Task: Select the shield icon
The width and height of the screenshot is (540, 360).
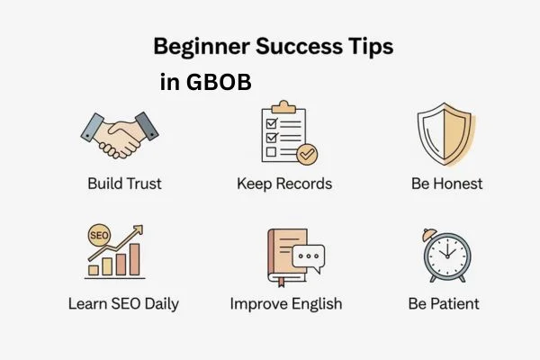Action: pyautogui.click(x=444, y=135)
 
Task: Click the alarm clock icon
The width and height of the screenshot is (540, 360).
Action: pyautogui.click(x=445, y=256)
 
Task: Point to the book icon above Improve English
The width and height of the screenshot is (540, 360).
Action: pyautogui.click(x=286, y=255)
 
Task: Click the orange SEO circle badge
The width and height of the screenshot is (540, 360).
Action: pyautogui.click(x=98, y=235)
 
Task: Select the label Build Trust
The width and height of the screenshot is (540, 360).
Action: pyautogui.click(x=124, y=184)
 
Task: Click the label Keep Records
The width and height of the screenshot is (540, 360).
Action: pyautogui.click(x=284, y=184)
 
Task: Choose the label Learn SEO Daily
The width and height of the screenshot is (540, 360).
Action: pyautogui.click(x=123, y=303)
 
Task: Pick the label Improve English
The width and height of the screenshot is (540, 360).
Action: pyautogui.click(x=285, y=303)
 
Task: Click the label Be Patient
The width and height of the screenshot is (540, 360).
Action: pyautogui.click(x=445, y=303)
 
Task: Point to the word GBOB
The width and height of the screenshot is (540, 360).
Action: pyautogui.click(x=219, y=82)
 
